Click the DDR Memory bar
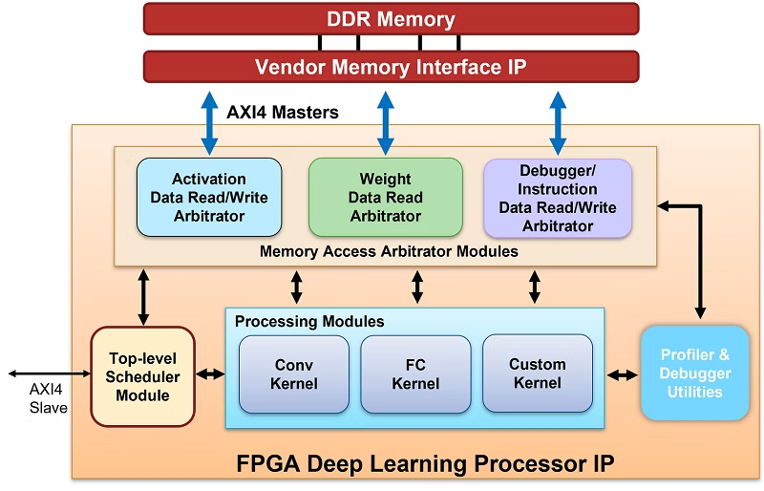pyautogui.click(x=391, y=18)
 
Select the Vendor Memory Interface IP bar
pyautogui.click(x=391, y=67)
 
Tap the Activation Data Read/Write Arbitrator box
pyautogui.click(x=209, y=198)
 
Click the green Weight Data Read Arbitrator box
pyautogui.click(x=385, y=198)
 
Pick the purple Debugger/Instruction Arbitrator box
pyautogui.click(x=558, y=198)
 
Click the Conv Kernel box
pyautogui.click(x=294, y=374)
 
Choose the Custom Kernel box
pyautogui.click(x=537, y=373)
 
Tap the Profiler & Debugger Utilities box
pyautogui.click(x=694, y=373)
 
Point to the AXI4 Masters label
pyautogui.click(x=283, y=113)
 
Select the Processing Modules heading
pyautogui.click(x=309, y=321)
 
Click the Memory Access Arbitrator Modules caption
pyautogui.click(x=389, y=252)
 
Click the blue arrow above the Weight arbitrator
pyautogui.click(x=385, y=122)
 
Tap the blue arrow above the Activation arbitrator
pyautogui.click(x=208, y=122)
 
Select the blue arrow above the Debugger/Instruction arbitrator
pyautogui.click(x=558, y=122)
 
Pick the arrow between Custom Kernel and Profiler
pyautogui.click(x=623, y=375)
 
